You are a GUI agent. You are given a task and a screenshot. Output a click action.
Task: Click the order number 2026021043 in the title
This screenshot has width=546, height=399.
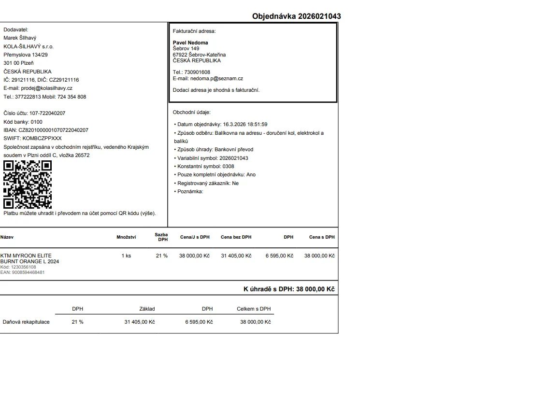point(319,16)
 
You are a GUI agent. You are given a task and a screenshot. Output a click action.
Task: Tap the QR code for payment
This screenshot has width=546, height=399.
point(28,185)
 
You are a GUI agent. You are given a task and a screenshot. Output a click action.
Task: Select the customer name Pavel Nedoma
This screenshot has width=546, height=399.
point(190,43)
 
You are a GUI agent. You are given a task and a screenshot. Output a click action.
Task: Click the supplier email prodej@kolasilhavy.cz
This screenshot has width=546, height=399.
point(46,88)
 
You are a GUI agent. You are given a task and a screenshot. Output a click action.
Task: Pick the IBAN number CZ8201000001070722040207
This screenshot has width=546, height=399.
point(53,130)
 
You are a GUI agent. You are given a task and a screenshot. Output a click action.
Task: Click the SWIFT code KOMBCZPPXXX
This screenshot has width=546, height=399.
point(42,138)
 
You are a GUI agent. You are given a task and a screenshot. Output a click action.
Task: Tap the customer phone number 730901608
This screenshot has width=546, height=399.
point(197,72)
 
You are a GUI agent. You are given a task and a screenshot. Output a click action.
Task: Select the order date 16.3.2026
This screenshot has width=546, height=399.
point(235,124)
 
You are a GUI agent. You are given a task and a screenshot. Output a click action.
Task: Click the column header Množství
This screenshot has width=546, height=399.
point(126,237)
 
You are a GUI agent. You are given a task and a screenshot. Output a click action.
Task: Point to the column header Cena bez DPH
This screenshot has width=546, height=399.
point(236,237)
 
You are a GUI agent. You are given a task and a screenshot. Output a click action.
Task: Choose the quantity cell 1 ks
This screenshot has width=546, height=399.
point(126,256)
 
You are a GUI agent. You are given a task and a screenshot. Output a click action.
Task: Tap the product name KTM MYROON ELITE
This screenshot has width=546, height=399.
point(26,256)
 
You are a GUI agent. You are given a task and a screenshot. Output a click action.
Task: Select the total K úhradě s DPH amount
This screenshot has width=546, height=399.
point(316,289)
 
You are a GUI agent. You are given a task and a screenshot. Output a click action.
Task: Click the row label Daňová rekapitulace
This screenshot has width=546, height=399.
point(26,322)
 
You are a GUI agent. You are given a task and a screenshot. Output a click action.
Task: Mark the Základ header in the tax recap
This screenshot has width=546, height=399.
point(147,309)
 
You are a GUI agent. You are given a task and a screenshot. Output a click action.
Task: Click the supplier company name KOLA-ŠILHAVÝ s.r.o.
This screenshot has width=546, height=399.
point(29,46)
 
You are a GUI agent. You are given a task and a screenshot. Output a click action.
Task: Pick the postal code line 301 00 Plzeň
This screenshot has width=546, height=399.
point(18,63)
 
